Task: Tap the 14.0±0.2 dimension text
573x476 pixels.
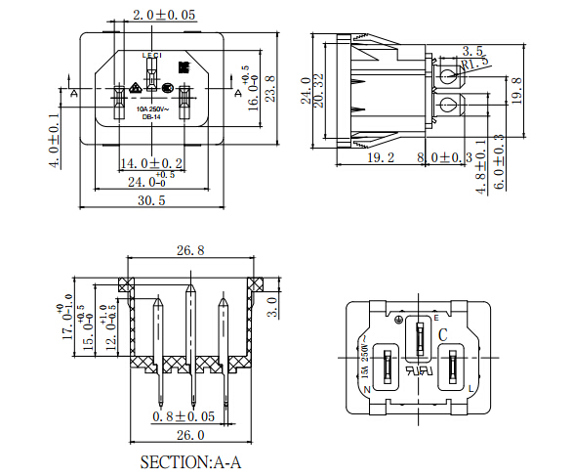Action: (x=151, y=162)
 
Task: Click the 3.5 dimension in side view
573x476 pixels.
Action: (x=472, y=50)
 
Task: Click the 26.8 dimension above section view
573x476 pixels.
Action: (x=189, y=251)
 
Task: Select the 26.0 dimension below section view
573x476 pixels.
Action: (x=189, y=435)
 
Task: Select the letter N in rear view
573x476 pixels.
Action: (x=367, y=390)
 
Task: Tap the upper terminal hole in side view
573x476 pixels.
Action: (x=448, y=75)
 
